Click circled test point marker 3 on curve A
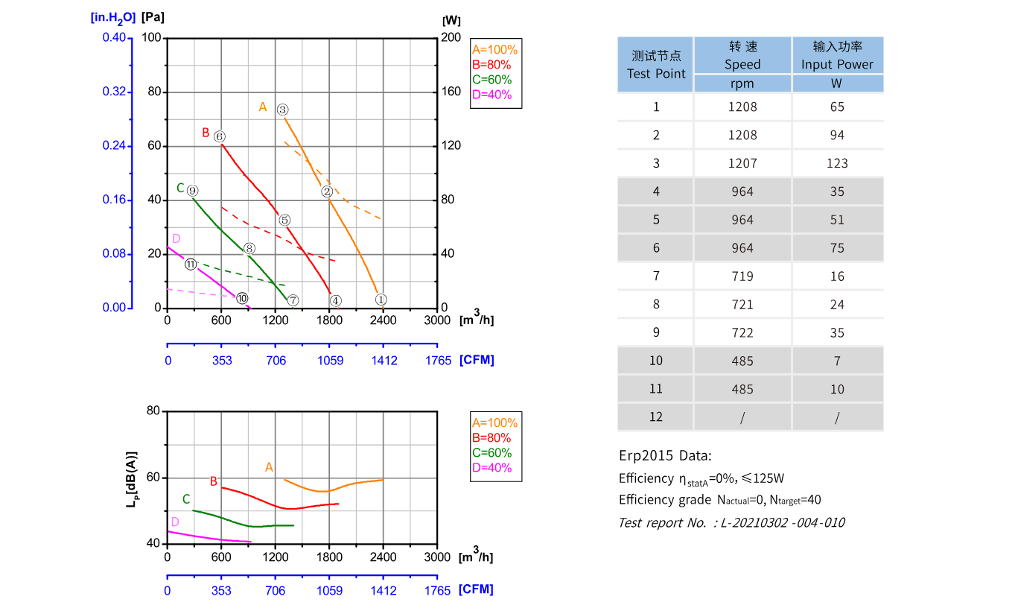(283, 110)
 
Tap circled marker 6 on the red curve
(219, 136)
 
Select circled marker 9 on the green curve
(192, 191)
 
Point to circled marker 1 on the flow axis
(381, 300)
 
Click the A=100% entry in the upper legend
(494, 50)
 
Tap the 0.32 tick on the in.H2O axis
(115, 92)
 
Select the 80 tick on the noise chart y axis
(153, 411)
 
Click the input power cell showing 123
(837, 163)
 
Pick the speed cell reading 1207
(742, 163)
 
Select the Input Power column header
(837, 56)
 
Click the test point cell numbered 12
(655, 417)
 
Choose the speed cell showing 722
(742, 333)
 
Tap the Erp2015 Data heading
(665, 455)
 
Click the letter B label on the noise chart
(213, 481)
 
